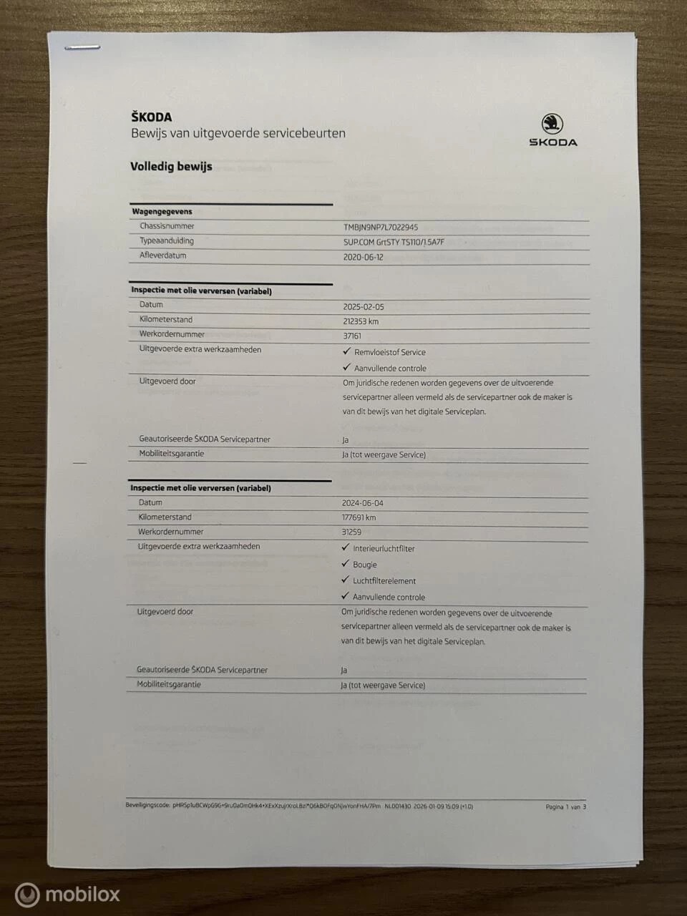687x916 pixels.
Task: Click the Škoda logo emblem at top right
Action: coord(552,123)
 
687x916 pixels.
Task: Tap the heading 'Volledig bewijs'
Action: coord(171,166)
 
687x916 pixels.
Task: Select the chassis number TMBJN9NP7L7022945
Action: coord(381,227)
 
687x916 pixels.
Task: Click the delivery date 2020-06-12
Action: coord(363,257)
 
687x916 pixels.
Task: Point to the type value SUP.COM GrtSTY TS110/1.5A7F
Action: coord(394,242)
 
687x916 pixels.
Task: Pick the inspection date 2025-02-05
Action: coord(363,306)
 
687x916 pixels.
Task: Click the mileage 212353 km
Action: coord(361,321)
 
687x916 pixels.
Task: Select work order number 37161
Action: coord(352,336)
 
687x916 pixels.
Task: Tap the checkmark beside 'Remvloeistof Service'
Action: coord(347,351)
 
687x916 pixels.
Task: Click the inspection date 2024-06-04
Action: coord(362,503)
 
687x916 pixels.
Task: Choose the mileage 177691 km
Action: coord(359,517)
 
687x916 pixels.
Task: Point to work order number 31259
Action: coord(351,532)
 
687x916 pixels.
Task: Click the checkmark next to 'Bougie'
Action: coord(346,564)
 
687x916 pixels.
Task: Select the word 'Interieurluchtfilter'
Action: coord(384,549)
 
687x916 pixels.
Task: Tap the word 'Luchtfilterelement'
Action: coord(384,581)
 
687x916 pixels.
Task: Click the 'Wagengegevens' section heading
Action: coord(162,212)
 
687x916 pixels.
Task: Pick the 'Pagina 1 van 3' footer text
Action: coord(565,807)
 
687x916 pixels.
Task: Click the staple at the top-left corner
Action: coord(82,48)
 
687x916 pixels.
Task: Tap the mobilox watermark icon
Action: coord(27,895)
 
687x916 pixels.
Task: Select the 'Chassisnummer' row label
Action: coord(167,226)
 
